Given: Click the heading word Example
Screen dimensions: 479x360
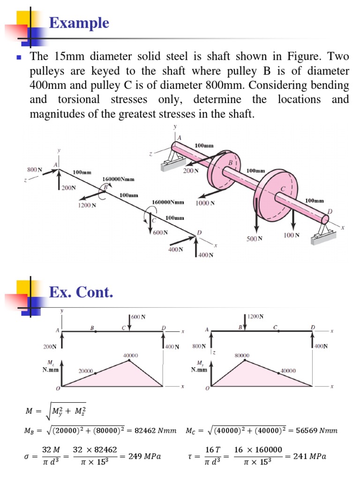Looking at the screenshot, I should [79, 23].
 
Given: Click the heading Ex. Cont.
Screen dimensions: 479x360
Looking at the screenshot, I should [81, 293].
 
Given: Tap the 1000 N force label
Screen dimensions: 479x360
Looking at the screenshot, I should [205, 203].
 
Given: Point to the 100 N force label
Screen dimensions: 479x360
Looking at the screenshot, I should [292, 235].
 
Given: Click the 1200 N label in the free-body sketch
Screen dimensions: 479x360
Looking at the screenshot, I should [88, 205].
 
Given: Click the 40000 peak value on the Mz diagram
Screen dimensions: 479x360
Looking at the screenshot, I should [130, 356].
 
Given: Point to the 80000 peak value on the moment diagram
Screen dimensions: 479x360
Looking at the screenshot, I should [242, 356].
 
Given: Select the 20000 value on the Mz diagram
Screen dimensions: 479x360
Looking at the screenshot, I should [85, 370].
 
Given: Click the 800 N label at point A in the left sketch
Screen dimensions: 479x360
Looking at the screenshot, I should [34, 169].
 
